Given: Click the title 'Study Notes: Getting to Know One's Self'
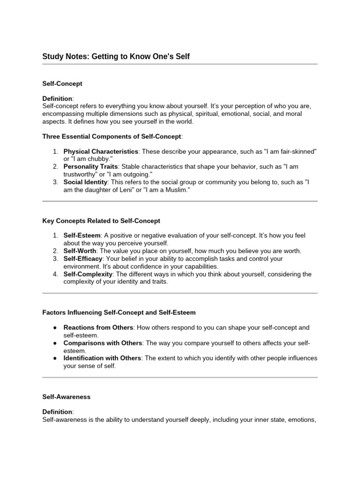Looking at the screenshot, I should pyautogui.click(x=116, y=57).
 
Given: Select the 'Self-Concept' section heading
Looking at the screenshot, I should pyautogui.click(x=62, y=83).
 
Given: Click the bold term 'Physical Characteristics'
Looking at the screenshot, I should pyautogui.click(x=101, y=151).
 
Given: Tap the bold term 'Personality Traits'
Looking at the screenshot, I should pyautogui.click(x=90, y=166).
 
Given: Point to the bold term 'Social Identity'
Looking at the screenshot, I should pyautogui.click(x=85, y=182).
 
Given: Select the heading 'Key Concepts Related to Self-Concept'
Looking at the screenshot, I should pyautogui.click(x=101, y=220).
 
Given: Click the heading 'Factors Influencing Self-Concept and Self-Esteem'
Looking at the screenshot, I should pyautogui.click(x=119, y=312).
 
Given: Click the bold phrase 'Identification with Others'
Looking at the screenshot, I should pyautogui.click(x=102, y=358).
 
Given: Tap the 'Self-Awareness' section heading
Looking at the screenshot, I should pyautogui.click(x=66, y=397).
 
